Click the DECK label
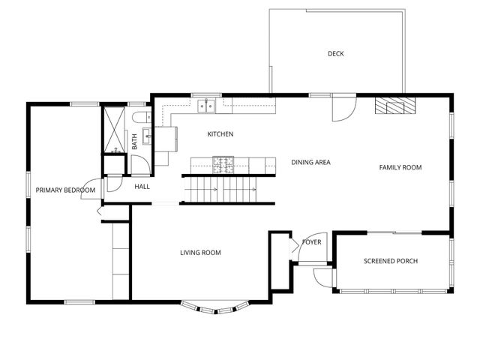click(x=336, y=54)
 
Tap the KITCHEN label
click(x=220, y=134)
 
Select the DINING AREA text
click(x=310, y=162)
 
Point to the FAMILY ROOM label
click(x=400, y=167)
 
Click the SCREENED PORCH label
click(x=391, y=261)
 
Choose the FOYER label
click(x=312, y=242)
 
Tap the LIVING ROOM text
click(x=200, y=253)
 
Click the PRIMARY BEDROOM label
click(x=65, y=190)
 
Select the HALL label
click(x=142, y=187)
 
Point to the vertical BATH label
click(x=134, y=142)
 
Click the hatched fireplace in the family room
click(x=395, y=106)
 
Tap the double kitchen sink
click(x=206, y=106)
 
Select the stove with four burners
click(x=223, y=165)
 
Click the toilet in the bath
click(x=142, y=117)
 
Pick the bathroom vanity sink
click(x=147, y=136)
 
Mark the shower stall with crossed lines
click(x=115, y=130)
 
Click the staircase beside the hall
click(x=220, y=190)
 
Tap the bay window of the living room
click(x=214, y=307)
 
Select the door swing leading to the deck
click(x=344, y=109)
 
